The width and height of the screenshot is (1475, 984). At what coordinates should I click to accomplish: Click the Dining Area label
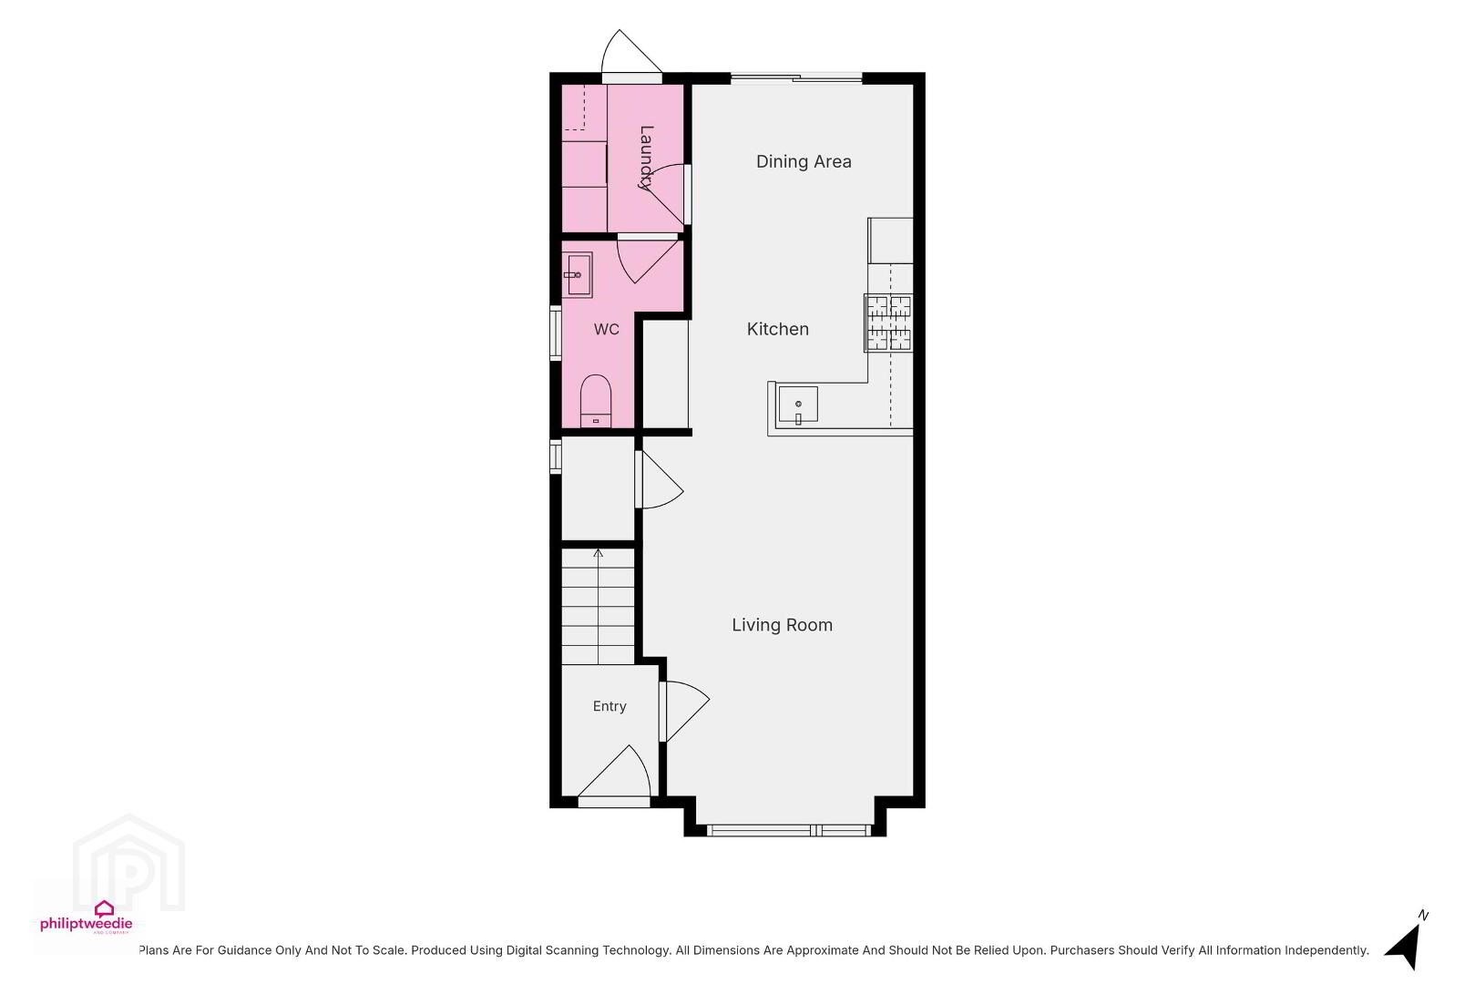click(804, 161)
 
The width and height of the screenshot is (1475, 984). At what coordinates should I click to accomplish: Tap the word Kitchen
click(778, 329)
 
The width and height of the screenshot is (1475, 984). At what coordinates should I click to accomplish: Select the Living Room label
click(783, 625)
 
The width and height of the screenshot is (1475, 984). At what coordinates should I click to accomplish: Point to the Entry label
click(609, 706)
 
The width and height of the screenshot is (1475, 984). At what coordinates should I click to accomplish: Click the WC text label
click(607, 329)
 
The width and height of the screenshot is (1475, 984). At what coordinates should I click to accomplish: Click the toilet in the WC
click(596, 401)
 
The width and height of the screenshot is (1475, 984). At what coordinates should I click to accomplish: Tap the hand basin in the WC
click(578, 274)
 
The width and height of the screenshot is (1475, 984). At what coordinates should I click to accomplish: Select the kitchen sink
click(798, 404)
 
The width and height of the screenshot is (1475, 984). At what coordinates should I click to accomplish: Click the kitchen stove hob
click(889, 323)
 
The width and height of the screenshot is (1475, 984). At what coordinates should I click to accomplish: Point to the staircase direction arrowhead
click(598, 553)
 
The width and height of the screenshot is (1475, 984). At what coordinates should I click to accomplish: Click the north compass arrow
click(1405, 946)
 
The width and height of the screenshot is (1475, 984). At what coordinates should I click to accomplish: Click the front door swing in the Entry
click(615, 774)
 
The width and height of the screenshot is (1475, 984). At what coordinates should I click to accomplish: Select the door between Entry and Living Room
click(685, 712)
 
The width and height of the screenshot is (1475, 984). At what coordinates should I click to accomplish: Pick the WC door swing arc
click(647, 261)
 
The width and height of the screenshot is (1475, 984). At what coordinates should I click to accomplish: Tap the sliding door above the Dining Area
click(797, 78)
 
